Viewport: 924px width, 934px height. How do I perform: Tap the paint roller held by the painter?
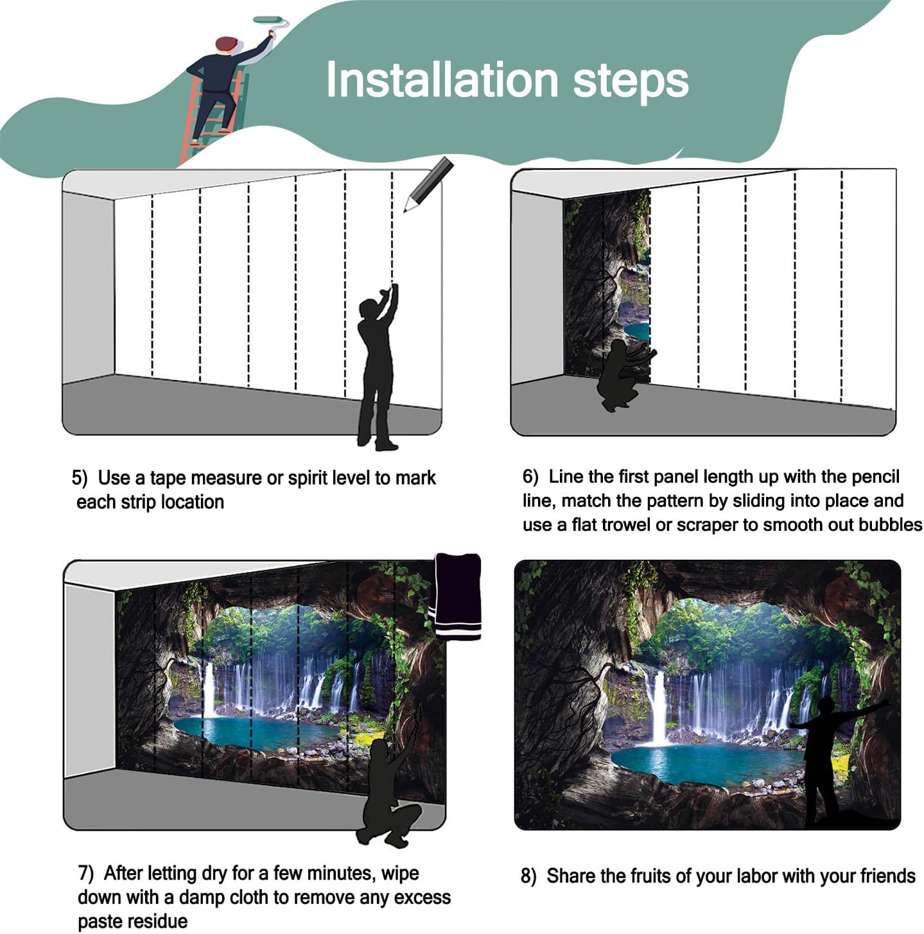[270, 21]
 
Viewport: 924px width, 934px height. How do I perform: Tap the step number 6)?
[530, 477]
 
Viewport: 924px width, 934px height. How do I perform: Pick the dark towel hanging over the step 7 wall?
[458, 594]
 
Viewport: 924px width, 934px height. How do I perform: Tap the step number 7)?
[86, 874]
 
